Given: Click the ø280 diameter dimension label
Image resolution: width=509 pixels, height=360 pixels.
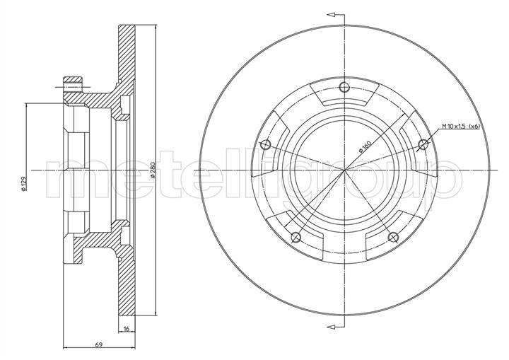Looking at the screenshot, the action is click(x=153, y=169).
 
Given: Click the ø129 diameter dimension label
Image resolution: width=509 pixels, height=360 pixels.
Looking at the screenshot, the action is click(x=23, y=184).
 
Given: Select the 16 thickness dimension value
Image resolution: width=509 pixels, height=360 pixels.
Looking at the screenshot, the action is click(x=127, y=329).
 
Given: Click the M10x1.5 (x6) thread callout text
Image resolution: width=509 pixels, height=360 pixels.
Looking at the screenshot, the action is click(x=460, y=127).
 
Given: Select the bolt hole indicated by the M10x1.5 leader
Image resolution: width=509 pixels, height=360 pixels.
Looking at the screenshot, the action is click(x=423, y=144).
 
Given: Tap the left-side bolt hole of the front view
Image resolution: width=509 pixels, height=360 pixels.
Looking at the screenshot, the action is click(x=266, y=144).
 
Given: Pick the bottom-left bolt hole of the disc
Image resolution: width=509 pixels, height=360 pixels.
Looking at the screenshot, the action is click(x=296, y=238).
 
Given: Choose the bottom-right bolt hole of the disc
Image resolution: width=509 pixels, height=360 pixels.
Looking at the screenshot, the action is click(x=393, y=238).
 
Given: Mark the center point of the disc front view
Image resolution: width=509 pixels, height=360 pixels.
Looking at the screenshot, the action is click(x=345, y=170).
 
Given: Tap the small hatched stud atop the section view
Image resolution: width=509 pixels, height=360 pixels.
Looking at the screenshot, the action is click(x=73, y=83).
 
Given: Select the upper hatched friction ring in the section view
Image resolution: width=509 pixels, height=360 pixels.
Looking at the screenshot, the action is click(x=127, y=54).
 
